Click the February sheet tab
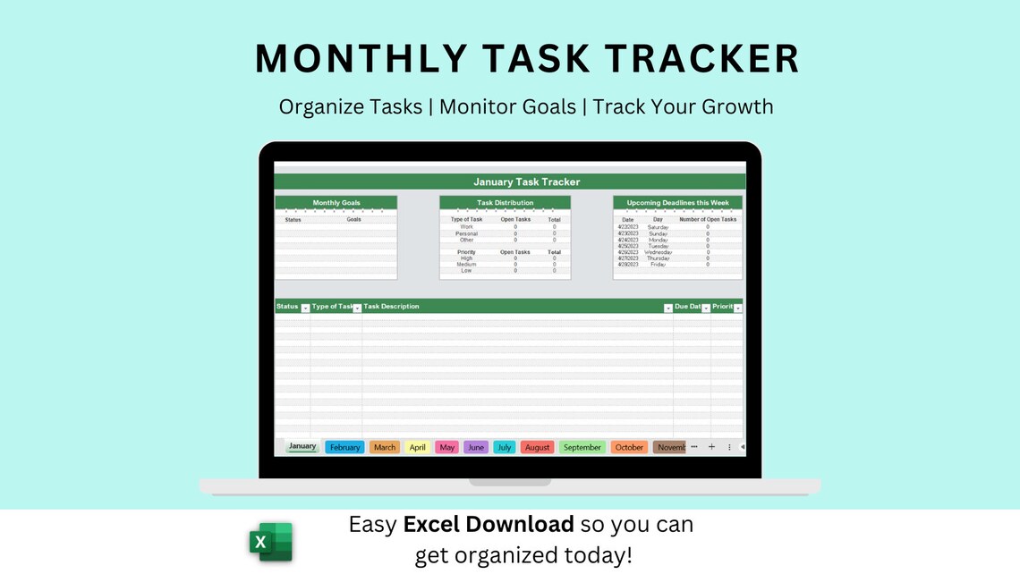344,447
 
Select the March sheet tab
385,447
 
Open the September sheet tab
582,447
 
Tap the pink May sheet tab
447,447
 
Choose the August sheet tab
537,447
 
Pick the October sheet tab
629,447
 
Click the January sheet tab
302,446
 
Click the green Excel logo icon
271,542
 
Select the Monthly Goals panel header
336,203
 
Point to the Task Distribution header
505,203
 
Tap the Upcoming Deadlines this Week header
677,203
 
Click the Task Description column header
391,307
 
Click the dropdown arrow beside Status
305,308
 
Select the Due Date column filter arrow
706,308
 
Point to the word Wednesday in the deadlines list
658,252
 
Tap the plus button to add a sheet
711,447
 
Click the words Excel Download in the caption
489,524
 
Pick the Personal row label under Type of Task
466,233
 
